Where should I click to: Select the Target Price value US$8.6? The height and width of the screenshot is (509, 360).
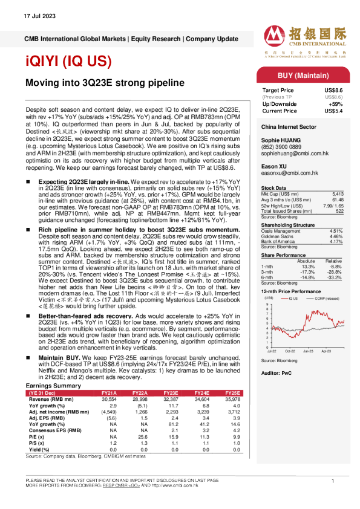(x=333, y=89)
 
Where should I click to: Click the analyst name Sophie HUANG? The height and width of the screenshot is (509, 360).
(x=282, y=139)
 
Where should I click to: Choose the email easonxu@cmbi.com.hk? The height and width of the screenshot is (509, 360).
(x=290, y=173)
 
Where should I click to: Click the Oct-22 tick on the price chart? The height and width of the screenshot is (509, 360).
(x=290, y=351)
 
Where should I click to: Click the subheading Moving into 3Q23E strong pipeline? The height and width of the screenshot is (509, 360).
(x=103, y=82)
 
